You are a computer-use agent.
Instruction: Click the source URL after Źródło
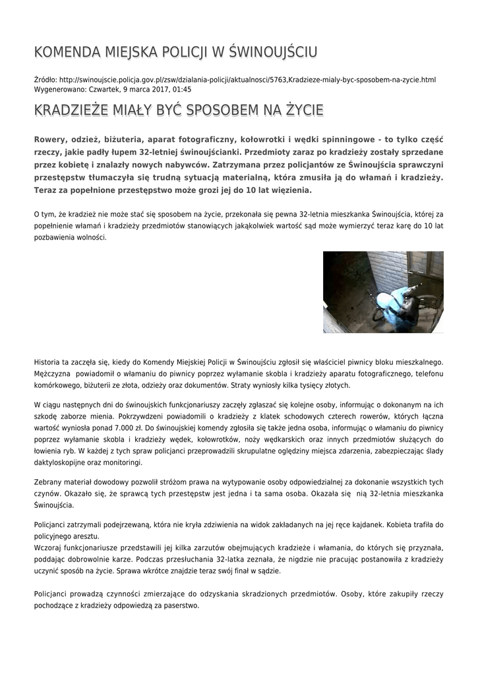[247, 80]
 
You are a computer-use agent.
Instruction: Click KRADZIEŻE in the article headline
[73, 109]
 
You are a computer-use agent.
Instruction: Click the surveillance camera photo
[383, 292]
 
